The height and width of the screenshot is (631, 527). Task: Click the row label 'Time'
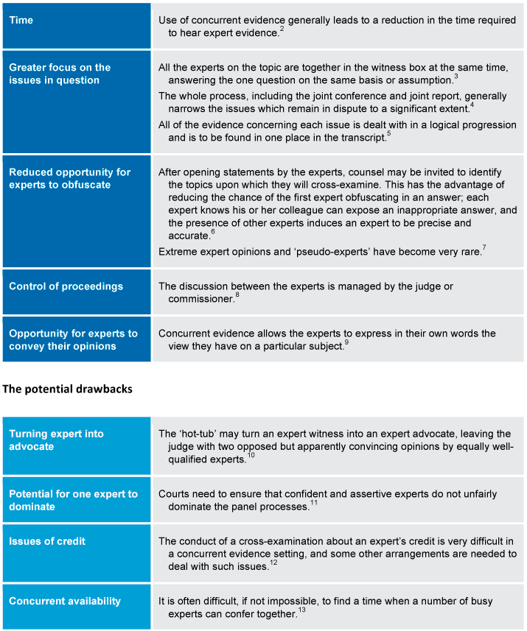pos(21,21)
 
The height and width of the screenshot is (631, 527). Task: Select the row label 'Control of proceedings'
pos(66,286)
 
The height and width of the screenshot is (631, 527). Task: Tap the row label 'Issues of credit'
pos(47,541)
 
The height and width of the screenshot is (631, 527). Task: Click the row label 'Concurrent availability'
pos(65,601)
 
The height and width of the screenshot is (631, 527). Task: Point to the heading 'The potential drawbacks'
pos(68,389)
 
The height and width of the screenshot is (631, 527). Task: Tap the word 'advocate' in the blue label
pos(32,447)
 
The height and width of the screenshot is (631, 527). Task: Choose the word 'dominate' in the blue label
pos(32,507)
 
